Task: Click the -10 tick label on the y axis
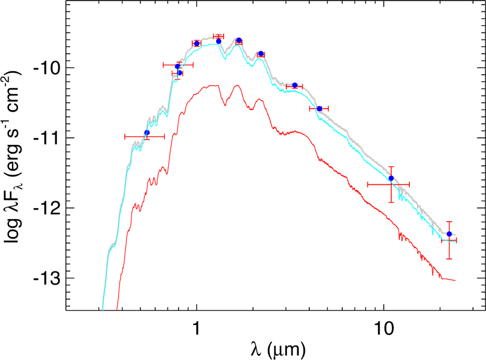48,68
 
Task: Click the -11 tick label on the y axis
48,138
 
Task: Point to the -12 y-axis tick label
48,208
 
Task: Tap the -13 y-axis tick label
48,278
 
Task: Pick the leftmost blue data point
147,132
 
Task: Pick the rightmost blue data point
449,234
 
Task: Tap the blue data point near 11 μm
391,178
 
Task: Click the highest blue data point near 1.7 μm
239,40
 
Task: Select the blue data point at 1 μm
197,43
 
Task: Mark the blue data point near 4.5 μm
320,109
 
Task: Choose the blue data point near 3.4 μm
295,85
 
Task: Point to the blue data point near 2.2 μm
261,53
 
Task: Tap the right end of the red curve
456,280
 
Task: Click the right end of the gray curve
456,235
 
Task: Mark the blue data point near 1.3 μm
219,41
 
